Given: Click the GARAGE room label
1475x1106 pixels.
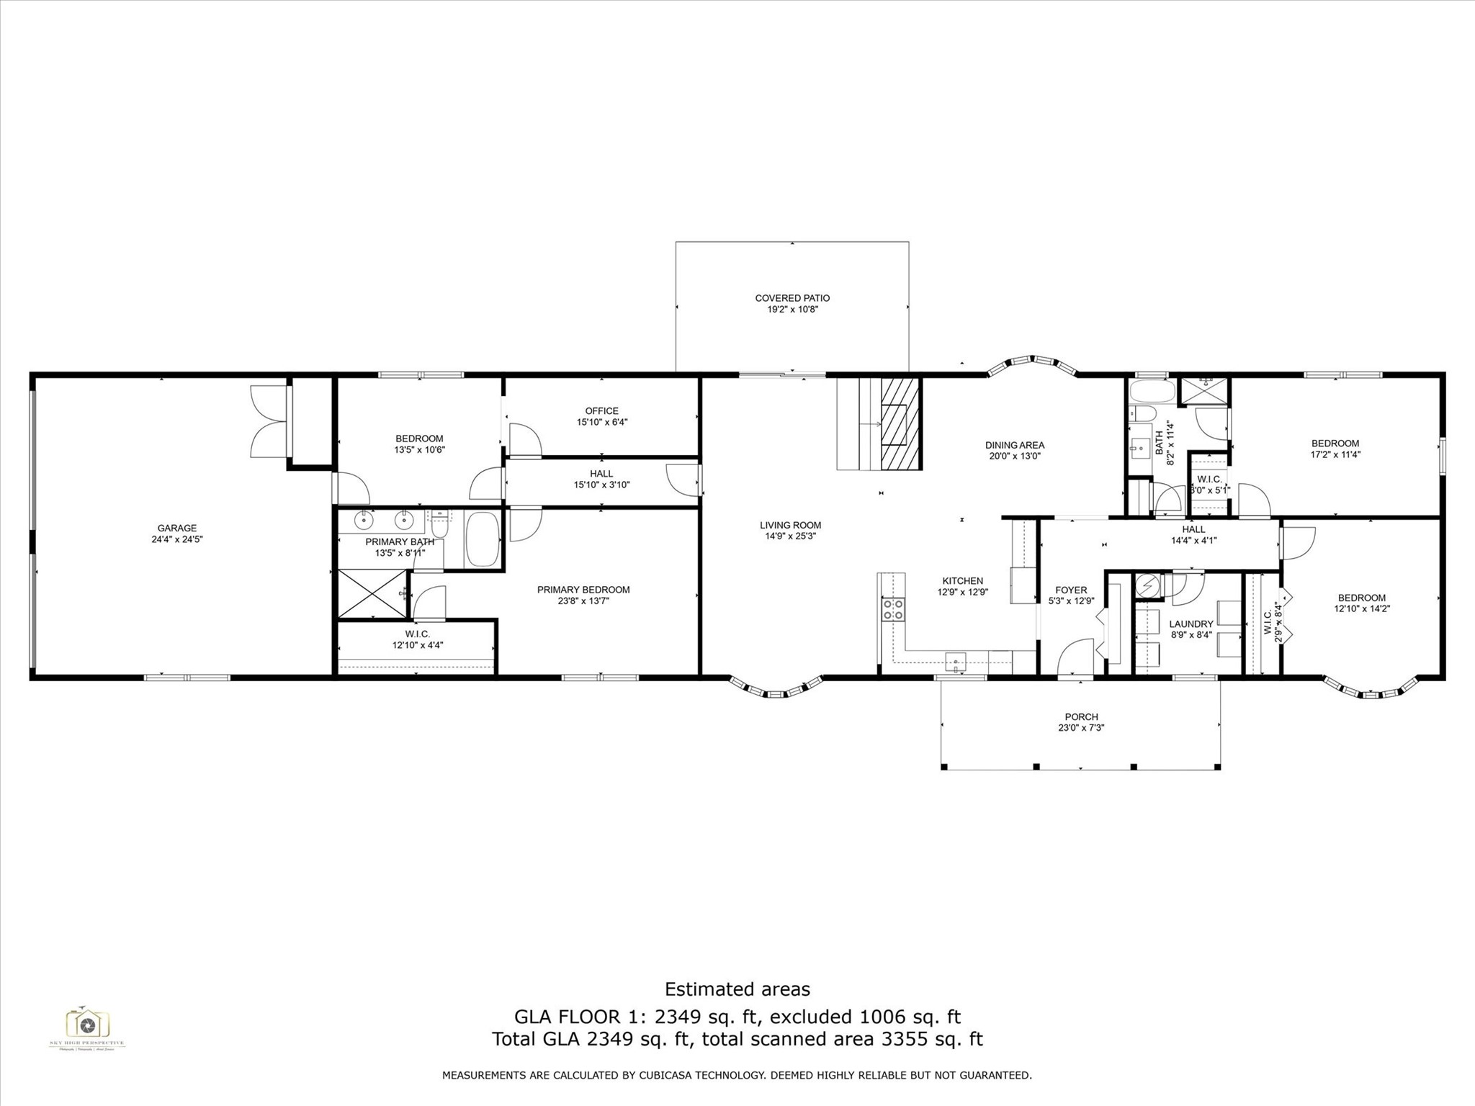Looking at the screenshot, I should [177, 528].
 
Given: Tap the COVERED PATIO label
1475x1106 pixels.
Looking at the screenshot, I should [792, 298].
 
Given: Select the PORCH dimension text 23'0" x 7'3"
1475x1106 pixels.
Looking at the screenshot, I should [1081, 728].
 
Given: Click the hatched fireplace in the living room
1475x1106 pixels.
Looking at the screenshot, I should [901, 425].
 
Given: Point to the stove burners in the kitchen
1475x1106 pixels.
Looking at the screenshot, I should [894, 610].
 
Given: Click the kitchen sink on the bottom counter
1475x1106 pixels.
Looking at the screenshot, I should [956, 660].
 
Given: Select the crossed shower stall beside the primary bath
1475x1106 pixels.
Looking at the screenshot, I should [372, 593].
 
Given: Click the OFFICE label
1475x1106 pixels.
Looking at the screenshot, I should [601, 411].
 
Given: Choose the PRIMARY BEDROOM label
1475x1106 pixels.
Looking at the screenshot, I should [583, 590].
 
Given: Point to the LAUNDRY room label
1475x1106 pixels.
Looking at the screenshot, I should [1191, 624].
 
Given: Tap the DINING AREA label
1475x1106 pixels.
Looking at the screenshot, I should [1015, 445].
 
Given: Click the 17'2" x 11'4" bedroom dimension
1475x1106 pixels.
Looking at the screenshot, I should [1335, 454].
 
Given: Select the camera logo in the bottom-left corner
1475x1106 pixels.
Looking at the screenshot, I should [87, 1023].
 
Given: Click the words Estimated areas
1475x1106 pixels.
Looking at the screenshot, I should [737, 989].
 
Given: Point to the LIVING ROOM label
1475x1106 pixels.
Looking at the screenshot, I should [790, 526].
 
